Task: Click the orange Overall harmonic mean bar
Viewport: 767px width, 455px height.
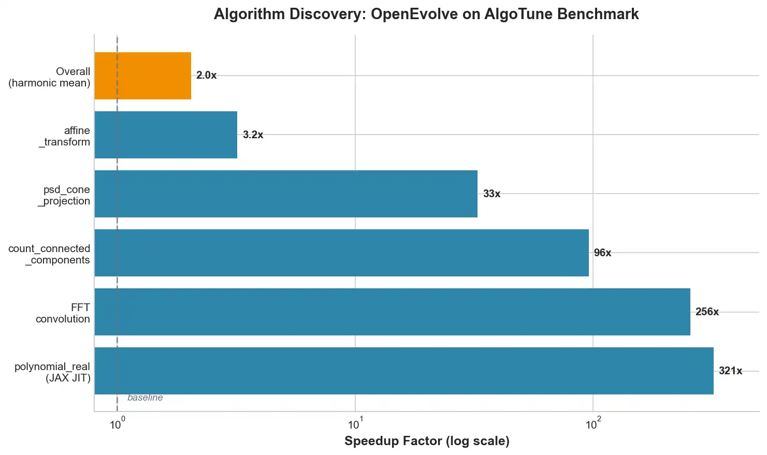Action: pyautogui.click(x=143, y=76)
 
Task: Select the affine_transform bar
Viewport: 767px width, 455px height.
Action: pyautogui.click(x=166, y=135)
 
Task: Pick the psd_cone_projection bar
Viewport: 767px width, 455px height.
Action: pyautogui.click(x=286, y=194)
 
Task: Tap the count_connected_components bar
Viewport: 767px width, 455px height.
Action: pyautogui.click(x=342, y=253)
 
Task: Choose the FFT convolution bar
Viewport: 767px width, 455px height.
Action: pyautogui.click(x=393, y=312)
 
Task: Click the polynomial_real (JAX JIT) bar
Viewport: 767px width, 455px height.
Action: pyautogui.click(x=404, y=371)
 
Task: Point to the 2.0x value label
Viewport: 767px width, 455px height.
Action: pyautogui.click(x=206, y=76)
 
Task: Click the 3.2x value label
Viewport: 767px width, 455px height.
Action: pyautogui.click(x=253, y=135)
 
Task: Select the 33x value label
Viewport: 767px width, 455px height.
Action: pyautogui.click(x=491, y=194)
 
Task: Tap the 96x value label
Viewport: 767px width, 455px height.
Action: pyautogui.click(x=602, y=253)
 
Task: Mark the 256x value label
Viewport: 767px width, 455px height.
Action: pyautogui.click(x=707, y=312)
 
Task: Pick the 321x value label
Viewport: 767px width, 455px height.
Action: pyautogui.click(x=730, y=371)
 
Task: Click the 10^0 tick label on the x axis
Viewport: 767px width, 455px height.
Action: pyautogui.click(x=118, y=424)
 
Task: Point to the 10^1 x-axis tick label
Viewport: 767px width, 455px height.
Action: pyautogui.click(x=355, y=424)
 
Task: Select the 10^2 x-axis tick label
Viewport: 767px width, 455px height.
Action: pyautogui.click(x=592, y=424)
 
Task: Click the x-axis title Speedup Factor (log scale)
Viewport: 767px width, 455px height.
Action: pyautogui.click(x=427, y=441)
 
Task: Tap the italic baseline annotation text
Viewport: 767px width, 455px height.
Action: pyautogui.click(x=145, y=398)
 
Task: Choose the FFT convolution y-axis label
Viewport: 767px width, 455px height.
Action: pyautogui.click(x=63, y=313)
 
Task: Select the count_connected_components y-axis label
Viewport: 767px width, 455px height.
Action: pyautogui.click(x=49, y=254)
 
